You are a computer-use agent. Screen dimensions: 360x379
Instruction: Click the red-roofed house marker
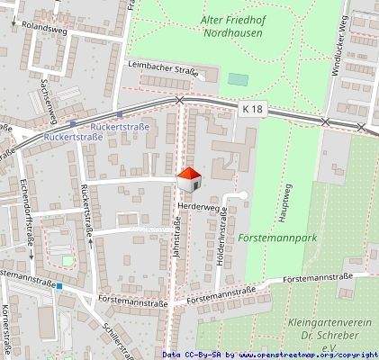pyautogui.click(x=189, y=179)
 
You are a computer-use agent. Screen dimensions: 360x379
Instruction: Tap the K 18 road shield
pyautogui.click(x=253, y=108)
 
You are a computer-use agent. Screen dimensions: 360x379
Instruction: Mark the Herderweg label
pyautogui.click(x=199, y=206)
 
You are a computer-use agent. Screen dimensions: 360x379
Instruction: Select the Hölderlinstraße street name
pyautogui.click(x=222, y=239)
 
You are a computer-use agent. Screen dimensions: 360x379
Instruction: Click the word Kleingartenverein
pyautogui.click(x=323, y=321)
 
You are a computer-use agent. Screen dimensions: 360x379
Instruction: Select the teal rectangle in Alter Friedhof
pyautogui.click(x=237, y=79)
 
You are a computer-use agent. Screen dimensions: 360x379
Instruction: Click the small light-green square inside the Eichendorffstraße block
pyautogui.click(x=66, y=261)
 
